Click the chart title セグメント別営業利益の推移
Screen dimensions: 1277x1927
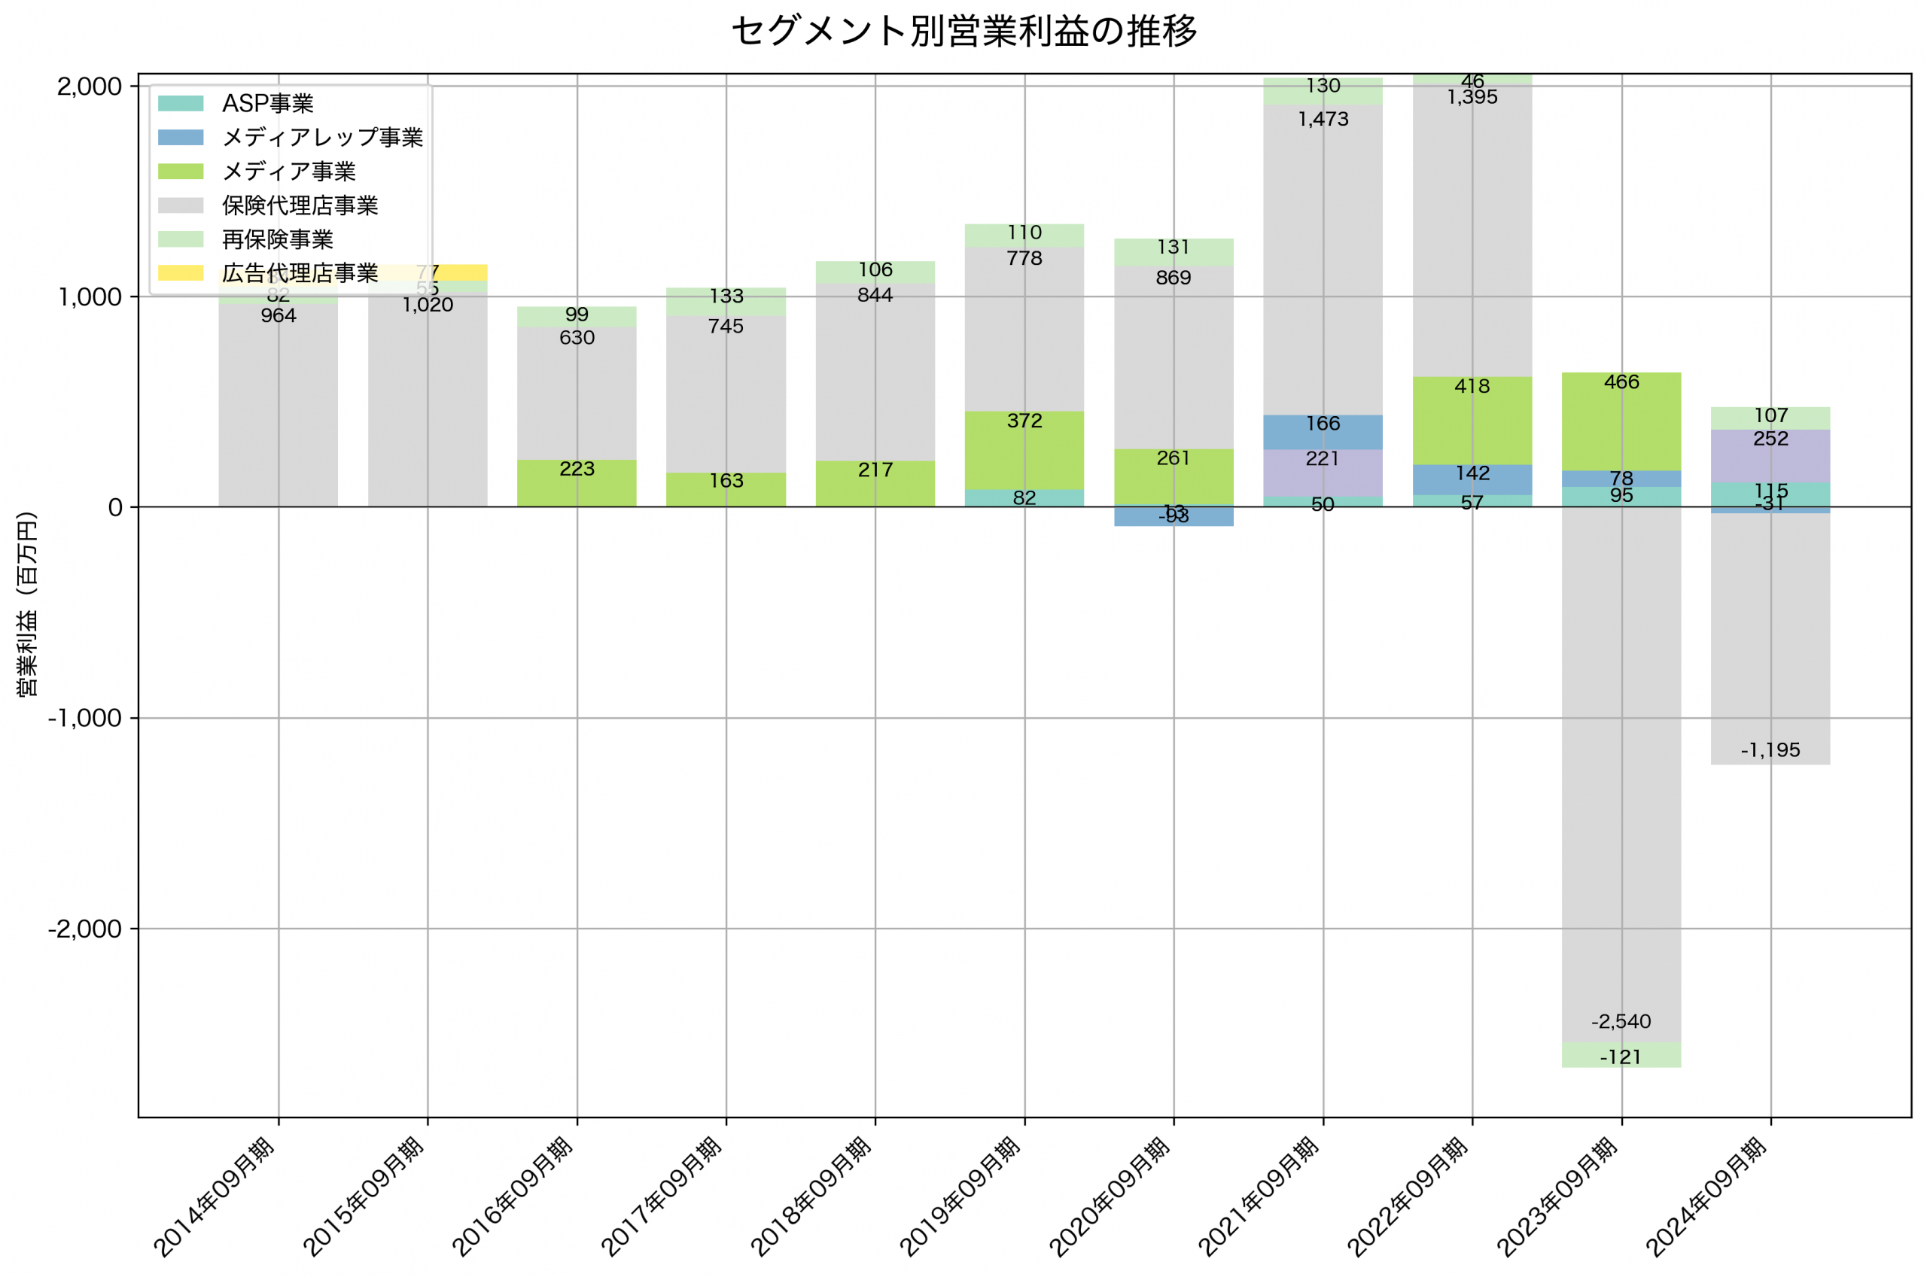tap(963, 31)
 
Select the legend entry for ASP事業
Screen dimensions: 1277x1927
tap(267, 103)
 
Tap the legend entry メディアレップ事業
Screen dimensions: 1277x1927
tap(321, 137)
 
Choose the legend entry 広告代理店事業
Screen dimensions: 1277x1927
tap(300, 273)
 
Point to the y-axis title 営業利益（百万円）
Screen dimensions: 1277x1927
tap(27, 604)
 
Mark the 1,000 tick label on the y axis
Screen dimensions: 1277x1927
tap(90, 296)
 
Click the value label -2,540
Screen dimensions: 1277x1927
tap(1621, 1021)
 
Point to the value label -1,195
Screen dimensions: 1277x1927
tap(1770, 750)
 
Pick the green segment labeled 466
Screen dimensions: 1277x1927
tap(1621, 421)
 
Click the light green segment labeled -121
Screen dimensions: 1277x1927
tap(1621, 1056)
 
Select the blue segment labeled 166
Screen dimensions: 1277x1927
tap(1323, 432)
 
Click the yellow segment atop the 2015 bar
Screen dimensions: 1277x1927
tap(456, 273)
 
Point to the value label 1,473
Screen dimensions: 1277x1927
tap(1323, 120)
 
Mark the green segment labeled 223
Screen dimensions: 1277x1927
tap(577, 483)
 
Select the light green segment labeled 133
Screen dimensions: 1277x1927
tap(726, 301)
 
